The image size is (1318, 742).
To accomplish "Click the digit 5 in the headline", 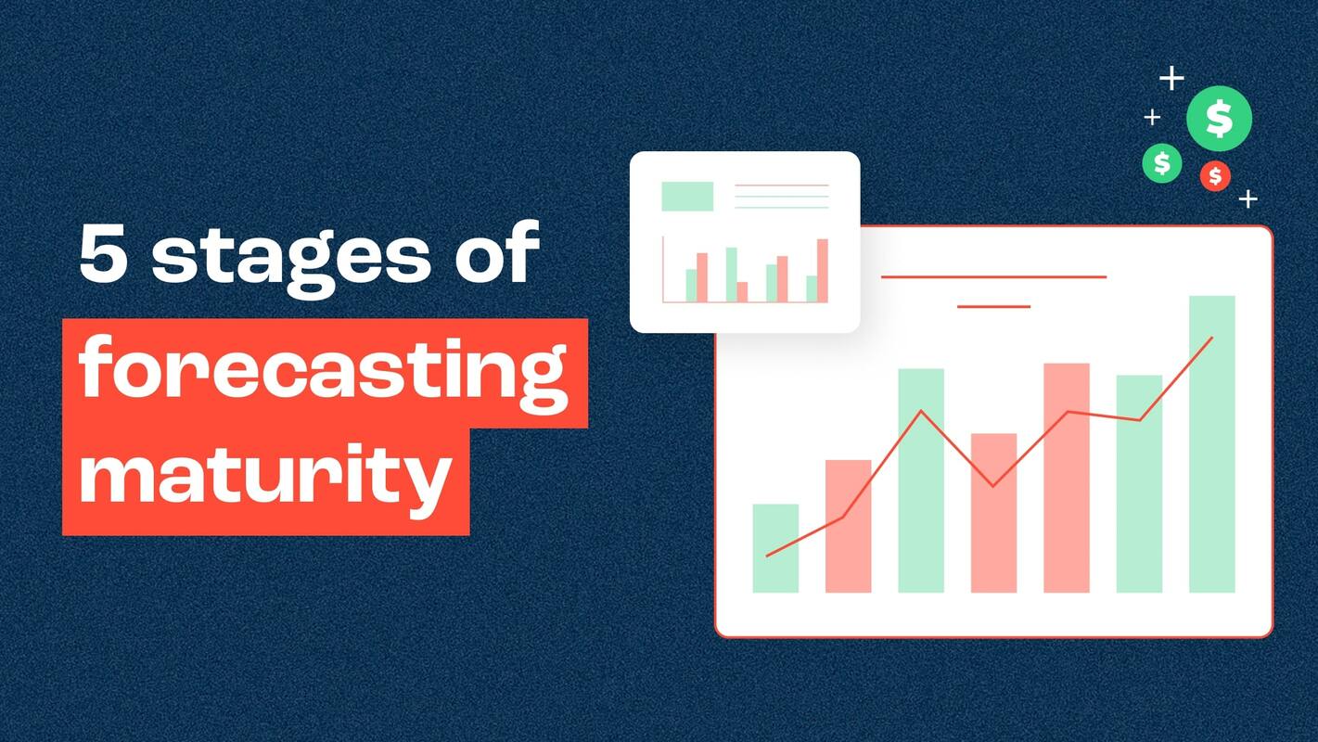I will [x=103, y=255].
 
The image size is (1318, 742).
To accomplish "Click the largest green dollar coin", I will [x=1219, y=119].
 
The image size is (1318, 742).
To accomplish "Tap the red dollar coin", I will [x=1215, y=175].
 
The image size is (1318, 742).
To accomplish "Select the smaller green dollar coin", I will [x=1161, y=163].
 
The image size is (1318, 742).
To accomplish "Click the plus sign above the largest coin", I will [x=1172, y=79].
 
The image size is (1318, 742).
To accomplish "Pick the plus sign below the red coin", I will [x=1248, y=198].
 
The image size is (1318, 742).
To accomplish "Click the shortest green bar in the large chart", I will [x=775, y=548].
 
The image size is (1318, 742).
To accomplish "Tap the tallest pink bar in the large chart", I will [x=1067, y=478].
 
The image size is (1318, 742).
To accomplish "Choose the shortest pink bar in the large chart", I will [x=993, y=513].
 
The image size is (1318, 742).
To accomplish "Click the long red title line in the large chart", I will [x=993, y=276].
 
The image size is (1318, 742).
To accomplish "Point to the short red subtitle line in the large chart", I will [x=993, y=306].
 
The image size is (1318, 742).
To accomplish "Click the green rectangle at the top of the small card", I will [x=687, y=196].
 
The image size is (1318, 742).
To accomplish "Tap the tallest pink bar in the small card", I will [x=823, y=270].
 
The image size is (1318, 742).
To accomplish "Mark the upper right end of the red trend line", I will [x=1211, y=338].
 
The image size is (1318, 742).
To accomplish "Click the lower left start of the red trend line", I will [x=767, y=556].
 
